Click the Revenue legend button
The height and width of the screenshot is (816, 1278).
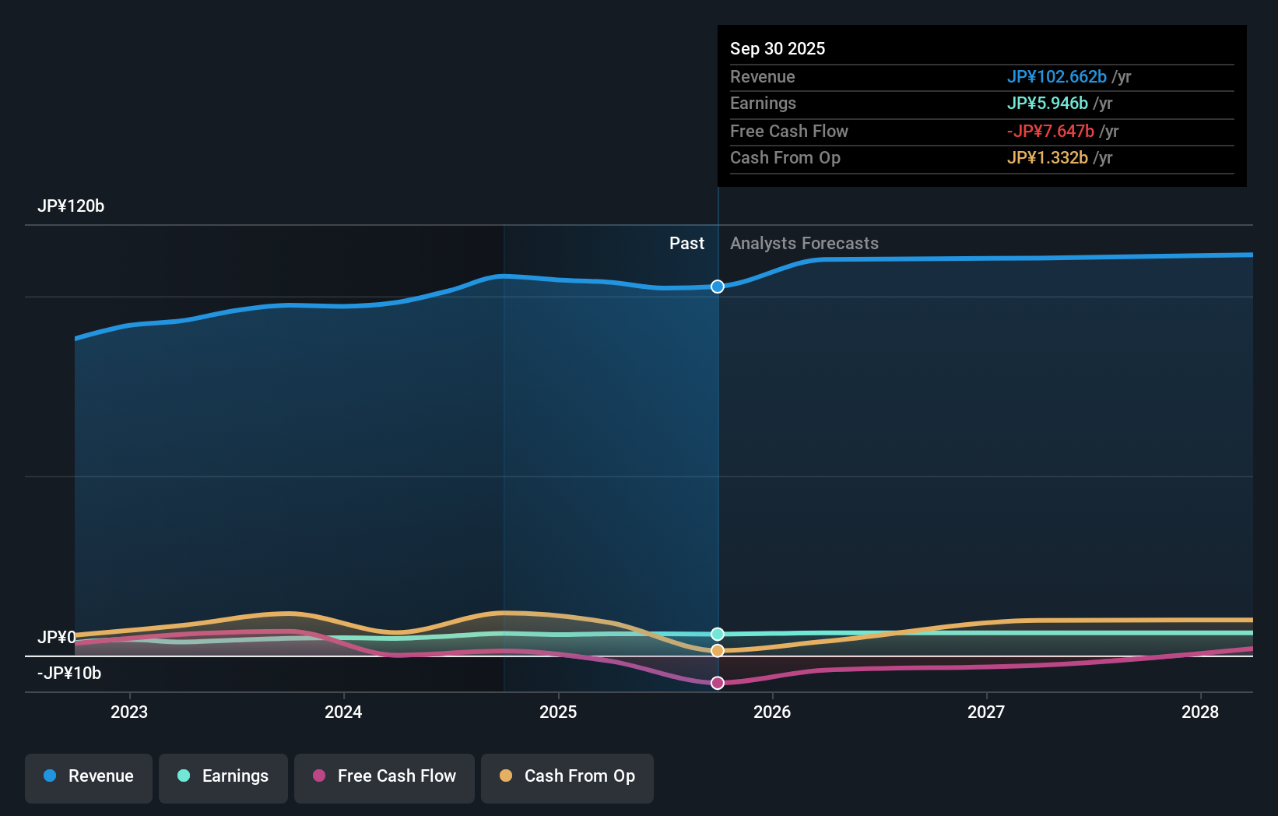pyautogui.click(x=89, y=776)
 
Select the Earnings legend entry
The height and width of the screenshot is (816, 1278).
pyautogui.click(x=223, y=776)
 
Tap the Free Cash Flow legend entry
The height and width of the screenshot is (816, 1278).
pyautogui.click(x=384, y=776)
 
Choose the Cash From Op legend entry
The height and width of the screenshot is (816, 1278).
pyautogui.click(x=567, y=776)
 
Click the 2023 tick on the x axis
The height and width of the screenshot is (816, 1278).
pyautogui.click(x=129, y=712)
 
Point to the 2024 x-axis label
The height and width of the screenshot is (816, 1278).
pyautogui.click(x=343, y=712)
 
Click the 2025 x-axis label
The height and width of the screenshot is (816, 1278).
pyautogui.click(x=558, y=712)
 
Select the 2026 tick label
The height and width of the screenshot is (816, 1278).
pyautogui.click(x=772, y=712)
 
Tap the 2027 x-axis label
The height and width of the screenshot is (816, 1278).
pyautogui.click(x=986, y=712)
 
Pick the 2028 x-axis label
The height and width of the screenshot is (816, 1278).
pyautogui.click(x=1200, y=712)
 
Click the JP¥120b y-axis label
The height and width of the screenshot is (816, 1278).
pyautogui.click(x=71, y=206)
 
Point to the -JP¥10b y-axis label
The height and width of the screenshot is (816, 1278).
pyautogui.click(x=69, y=674)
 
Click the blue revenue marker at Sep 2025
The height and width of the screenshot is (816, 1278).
pyautogui.click(x=718, y=287)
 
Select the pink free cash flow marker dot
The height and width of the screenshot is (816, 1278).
pyautogui.click(x=718, y=683)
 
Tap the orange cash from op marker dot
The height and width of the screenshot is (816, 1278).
pyautogui.click(x=718, y=650)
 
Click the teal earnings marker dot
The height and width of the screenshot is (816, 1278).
pyautogui.click(x=718, y=634)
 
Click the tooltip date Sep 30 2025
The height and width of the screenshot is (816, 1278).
pyautogui.click(x=778, y=48)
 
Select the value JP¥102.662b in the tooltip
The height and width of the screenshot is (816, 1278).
pyautogui.click(x=1056, y=76)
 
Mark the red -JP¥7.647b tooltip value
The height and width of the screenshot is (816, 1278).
pyautogui.click(x=1050, y=131)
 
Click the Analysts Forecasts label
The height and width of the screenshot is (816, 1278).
pyautogui.click(x=804, y=244)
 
